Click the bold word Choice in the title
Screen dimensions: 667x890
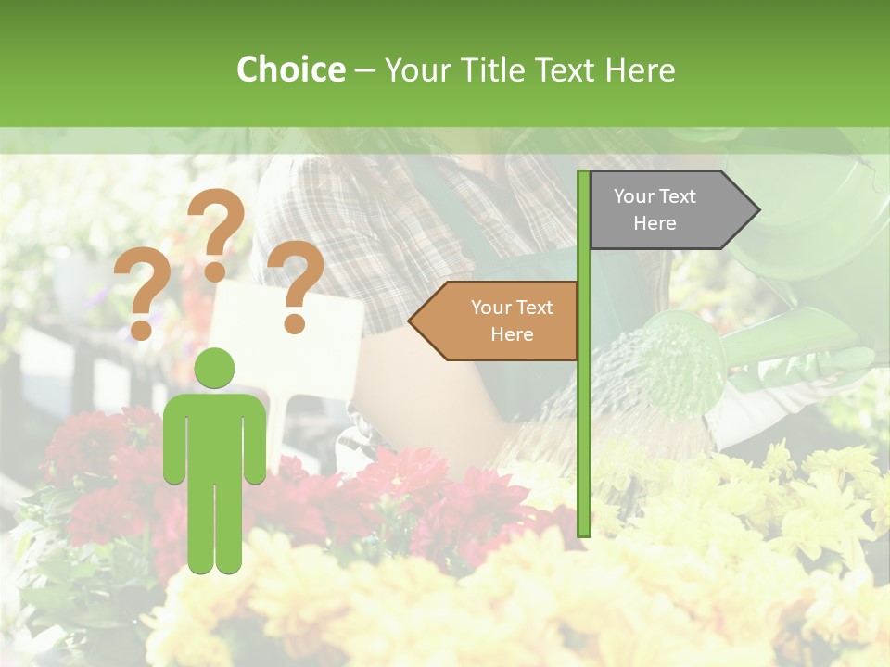click(x=290, y=69)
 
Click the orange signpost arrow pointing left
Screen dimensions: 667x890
click(x=501, y=321)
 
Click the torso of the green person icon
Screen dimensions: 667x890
click(x=214, y=435)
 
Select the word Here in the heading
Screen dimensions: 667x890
click(x=640, y=69)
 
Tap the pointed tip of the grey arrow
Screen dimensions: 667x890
click(x=757, y=210)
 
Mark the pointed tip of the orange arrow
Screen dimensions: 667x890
click(x=412, y=321)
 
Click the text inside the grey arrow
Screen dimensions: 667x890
click(x=655, y=209)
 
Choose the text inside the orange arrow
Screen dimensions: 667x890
click(x=512, y=321)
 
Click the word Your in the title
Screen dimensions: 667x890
click(x=414, y=69)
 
